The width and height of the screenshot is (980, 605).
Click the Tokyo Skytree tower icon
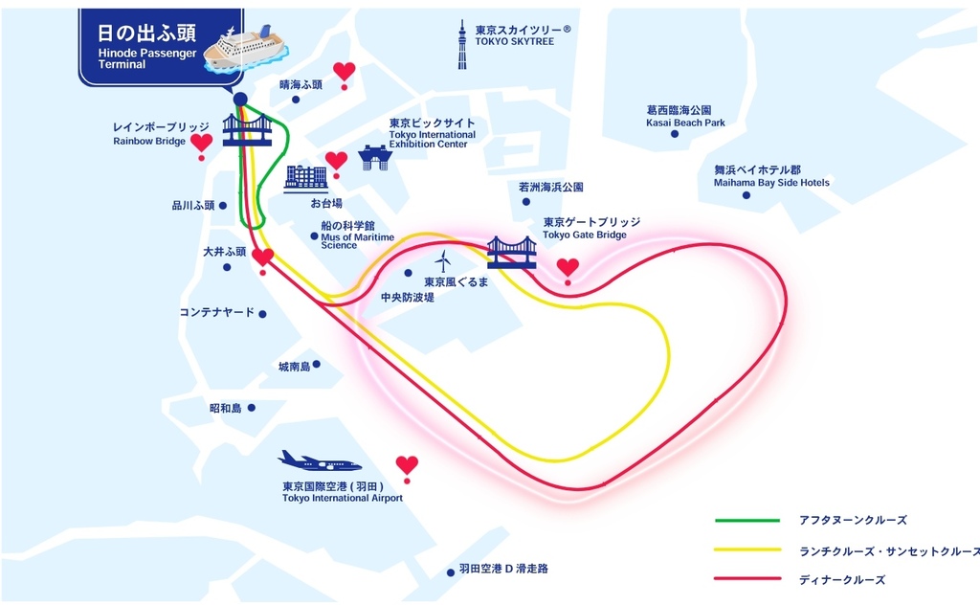[462, 44]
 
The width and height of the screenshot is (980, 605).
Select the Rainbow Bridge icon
[247, 130]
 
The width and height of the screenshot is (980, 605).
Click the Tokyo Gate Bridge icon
[512, 253]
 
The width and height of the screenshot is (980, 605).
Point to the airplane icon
[319, 461]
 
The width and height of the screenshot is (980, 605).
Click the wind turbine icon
[443, 261]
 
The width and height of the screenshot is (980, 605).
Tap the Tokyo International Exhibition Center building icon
[375, 158]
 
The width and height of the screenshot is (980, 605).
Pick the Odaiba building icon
[305, 179]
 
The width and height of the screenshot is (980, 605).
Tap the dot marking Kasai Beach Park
[675, 134]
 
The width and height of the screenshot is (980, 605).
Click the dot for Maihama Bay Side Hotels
[746, 195]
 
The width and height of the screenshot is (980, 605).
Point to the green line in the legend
[747, 520]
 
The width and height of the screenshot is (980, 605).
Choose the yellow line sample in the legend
[747, 550]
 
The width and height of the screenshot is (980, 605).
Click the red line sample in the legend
[747, 579]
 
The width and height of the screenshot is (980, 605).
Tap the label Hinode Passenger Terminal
[146, 58]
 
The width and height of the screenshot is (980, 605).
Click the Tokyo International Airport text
[343, 498]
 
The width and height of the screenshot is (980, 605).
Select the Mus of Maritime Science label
[358, 241]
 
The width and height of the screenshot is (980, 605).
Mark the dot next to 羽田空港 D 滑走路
[451, 572]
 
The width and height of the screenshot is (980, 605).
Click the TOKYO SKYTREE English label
[514, 42]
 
